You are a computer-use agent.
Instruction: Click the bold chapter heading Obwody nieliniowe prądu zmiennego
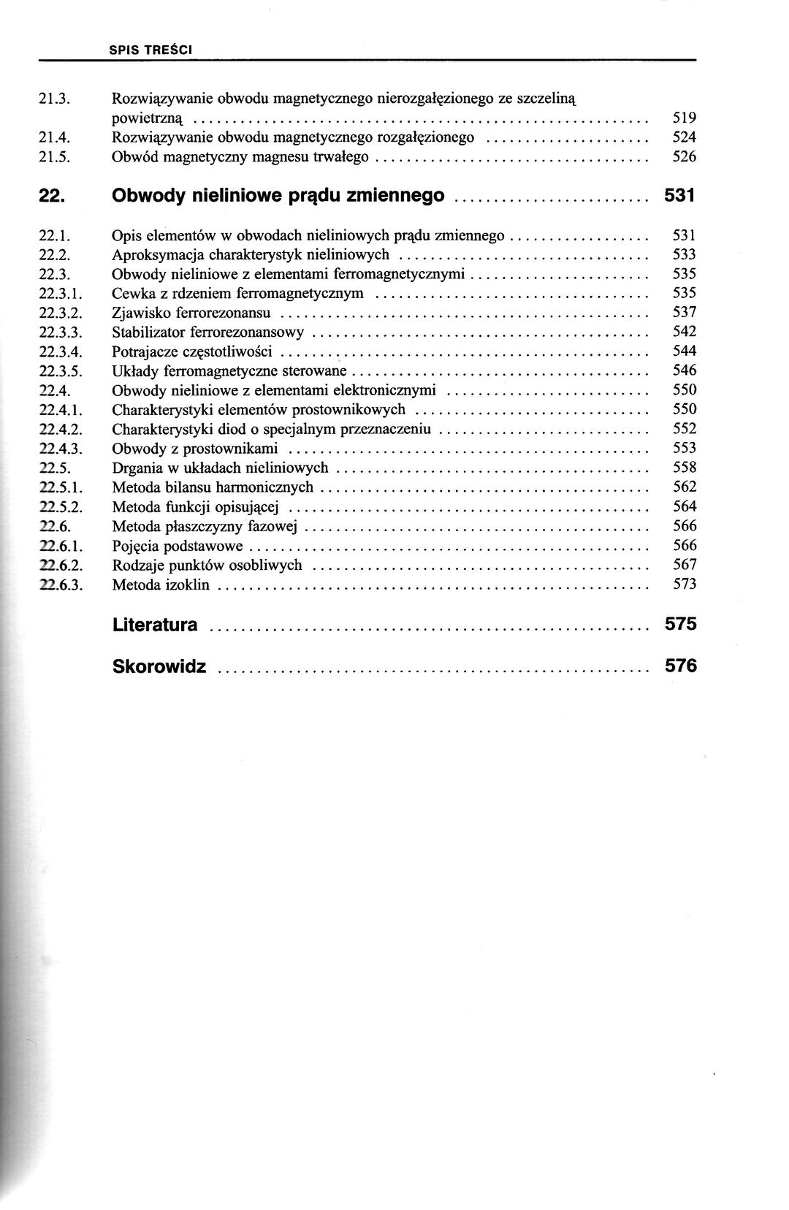(x=278, y=196)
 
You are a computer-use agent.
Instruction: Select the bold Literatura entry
(x=155, y=625)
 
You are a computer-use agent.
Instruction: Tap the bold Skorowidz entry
(x=159, y=666)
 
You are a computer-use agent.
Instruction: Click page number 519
(x=684, y=118)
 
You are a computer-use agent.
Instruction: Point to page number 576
(x=681, y=666)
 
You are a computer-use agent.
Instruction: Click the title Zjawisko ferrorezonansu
(x=191, y=313)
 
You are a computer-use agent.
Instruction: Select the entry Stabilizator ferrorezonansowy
(x=208, y=332)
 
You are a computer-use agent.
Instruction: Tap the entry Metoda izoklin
(x=161, y=585)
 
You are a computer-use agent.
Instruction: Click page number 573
(x=685, y=584)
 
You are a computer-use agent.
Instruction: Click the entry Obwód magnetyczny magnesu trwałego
(x=240, y=157)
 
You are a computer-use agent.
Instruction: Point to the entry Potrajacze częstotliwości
(x=192, y=352)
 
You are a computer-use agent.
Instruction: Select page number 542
(x=685, y=332)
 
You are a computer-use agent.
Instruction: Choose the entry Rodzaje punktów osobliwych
(x=207, y=565)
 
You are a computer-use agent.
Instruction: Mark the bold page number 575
(x=681, y=624)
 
